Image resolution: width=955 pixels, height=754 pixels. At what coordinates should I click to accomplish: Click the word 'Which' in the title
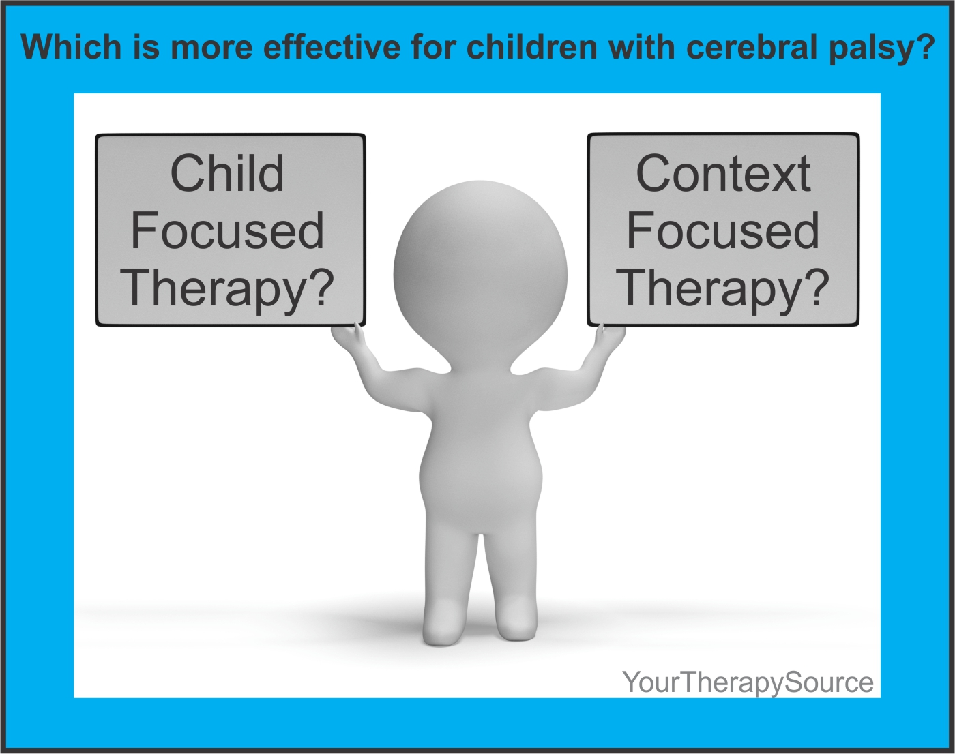71,46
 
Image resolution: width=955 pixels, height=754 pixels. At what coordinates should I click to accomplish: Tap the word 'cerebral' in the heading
751,46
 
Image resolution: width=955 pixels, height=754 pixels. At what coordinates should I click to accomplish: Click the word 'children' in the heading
531,46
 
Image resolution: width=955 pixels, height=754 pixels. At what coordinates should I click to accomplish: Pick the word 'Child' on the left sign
226,173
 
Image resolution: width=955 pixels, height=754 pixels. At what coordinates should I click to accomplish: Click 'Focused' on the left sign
226,230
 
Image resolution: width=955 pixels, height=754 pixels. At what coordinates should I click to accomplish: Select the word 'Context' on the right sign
723,173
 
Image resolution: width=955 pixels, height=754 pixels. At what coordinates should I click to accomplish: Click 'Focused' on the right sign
723,230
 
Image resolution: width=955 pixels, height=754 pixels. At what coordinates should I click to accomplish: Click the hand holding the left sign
349,337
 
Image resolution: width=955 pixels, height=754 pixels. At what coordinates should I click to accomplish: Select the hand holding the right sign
611,337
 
